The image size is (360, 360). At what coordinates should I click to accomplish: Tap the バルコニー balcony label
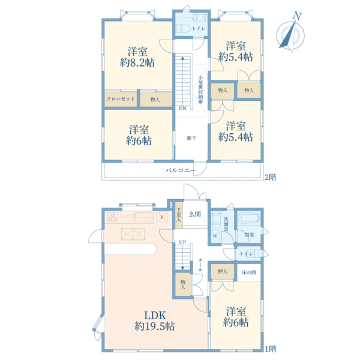point(181,170)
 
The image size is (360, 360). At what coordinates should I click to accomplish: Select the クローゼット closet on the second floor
point(121,99)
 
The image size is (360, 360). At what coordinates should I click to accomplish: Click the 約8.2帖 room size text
point(137,62)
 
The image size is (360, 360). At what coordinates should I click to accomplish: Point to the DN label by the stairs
point(182,109)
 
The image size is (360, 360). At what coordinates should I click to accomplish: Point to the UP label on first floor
point(182,242)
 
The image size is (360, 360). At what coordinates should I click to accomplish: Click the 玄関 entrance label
point(194,214)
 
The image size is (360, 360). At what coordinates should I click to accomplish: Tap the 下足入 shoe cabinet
point(179,215)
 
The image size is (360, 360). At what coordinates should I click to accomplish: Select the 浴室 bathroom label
point(249,235)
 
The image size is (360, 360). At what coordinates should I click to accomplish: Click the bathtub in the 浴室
point(249,218)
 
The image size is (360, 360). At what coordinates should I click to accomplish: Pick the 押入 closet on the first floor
point(223,272)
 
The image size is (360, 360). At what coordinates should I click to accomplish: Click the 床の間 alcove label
point(249,272)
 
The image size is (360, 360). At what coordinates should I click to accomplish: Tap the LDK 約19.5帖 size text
point(155,321)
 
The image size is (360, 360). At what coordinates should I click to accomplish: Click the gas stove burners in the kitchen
point(113,217)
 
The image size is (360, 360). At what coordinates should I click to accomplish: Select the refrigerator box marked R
point(162,217)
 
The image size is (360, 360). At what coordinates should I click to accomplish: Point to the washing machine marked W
point(215,236)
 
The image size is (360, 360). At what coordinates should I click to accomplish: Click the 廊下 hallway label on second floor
point(191,138)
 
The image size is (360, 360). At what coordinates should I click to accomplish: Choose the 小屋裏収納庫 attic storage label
point(200,89)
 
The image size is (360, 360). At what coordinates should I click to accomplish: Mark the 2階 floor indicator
point(271,177)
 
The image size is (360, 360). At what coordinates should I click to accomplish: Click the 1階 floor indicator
point(271,349)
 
